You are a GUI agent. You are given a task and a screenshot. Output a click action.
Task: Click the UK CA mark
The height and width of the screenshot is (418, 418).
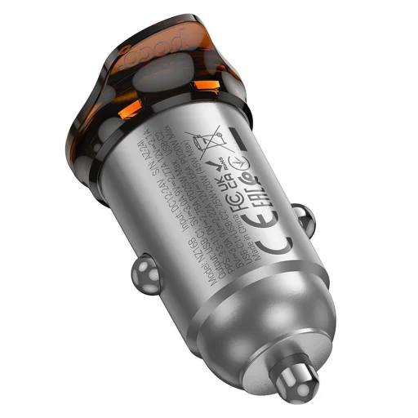[x=232, y=146]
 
